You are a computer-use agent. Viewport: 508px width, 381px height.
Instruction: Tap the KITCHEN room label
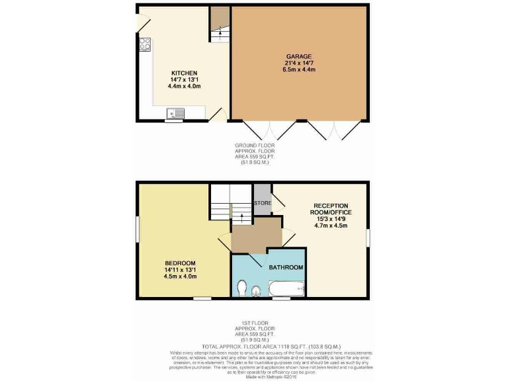click(x=185, y=73)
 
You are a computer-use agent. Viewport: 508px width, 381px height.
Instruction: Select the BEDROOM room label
click(x=181, y=263)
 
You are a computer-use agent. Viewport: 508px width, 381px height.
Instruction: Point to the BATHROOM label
click(x=286, y=267)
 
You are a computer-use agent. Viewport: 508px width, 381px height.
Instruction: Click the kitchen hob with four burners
click(x=145, y=45)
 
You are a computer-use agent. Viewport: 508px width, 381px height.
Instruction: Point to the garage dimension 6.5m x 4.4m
click(x=300, y=69)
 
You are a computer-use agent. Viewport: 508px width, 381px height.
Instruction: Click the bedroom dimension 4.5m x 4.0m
click(x=181, y=276)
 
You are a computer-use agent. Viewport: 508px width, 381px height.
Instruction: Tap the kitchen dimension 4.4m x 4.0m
click(x=185, y=86)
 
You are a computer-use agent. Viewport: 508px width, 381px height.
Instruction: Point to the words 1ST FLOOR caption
click(x=254, y=324)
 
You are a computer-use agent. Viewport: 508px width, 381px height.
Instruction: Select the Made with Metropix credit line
click(x=254, y=376)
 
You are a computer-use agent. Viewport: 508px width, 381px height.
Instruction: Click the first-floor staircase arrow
click(x=241, y=215)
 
